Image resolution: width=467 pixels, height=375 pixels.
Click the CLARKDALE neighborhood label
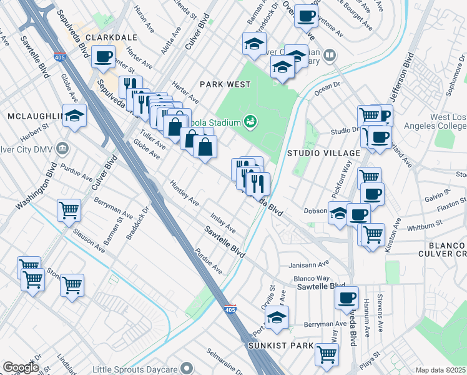111,37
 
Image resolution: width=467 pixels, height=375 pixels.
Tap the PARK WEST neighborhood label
225,84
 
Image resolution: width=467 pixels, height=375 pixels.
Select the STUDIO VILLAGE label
323,153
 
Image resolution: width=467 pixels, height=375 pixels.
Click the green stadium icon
250,121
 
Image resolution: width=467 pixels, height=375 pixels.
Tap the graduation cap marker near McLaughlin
74,116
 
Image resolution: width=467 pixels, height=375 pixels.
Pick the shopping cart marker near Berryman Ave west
69,209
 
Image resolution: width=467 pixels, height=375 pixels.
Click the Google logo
21,367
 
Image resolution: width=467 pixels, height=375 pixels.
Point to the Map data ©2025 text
441,370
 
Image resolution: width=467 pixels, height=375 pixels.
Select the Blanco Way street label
310,278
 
